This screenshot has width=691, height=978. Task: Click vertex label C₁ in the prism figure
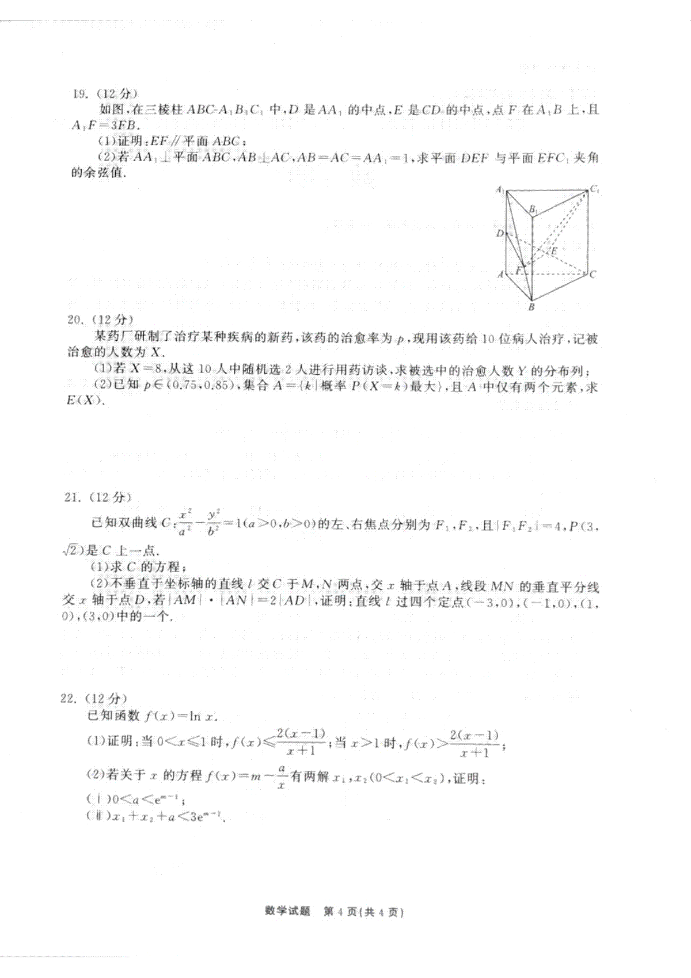594,189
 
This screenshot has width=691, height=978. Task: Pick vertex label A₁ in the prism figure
499,189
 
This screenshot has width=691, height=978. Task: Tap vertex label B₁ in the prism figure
534,210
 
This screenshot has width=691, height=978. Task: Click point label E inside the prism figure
554,251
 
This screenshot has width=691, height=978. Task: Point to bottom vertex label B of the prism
531,307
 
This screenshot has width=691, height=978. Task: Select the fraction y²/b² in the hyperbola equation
212,523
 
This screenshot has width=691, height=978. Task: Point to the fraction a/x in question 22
282,777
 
